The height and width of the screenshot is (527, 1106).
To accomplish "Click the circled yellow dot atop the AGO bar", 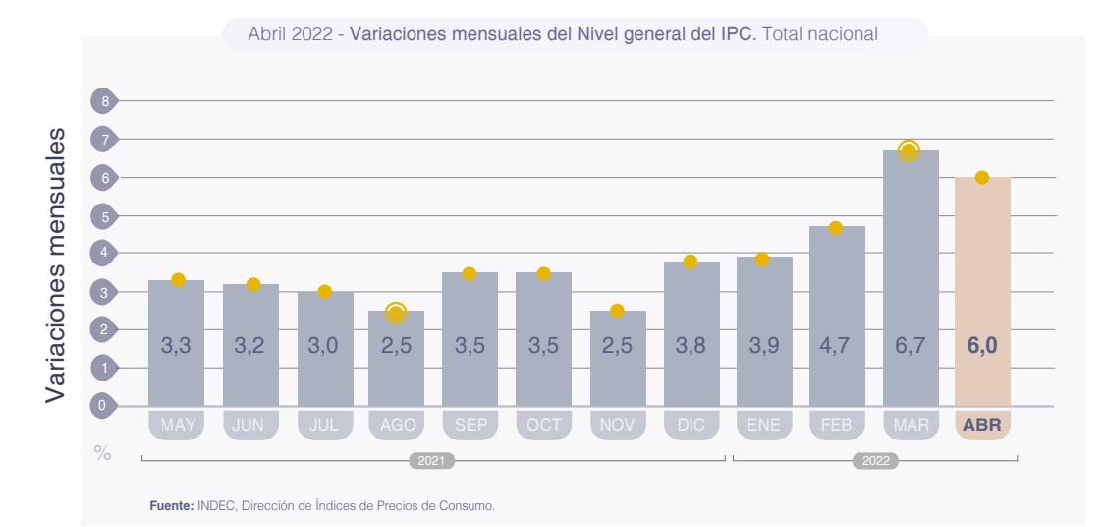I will (x=396, y=313).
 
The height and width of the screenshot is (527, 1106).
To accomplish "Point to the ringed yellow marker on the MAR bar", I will (x=909, y=150).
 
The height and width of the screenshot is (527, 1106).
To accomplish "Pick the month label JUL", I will (x=325, y=426).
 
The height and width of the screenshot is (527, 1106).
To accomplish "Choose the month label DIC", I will (x=691, y=426).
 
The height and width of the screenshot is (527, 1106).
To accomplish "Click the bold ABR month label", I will (x=982, y=426).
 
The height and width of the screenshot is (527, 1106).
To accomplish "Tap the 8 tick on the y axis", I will (x=101, y=100).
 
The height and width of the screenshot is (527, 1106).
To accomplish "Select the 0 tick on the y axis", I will (x=101, y=405).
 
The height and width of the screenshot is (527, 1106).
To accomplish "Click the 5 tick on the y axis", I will (x=101, y=215).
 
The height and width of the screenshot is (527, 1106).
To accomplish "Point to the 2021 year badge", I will (x=432, y=459).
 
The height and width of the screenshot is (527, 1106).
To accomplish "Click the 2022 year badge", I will (x=874, y=459).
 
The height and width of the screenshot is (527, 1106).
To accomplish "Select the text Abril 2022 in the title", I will (x=291, y=34).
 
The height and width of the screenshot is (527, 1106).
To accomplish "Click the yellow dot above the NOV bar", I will (x=617, y=311).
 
